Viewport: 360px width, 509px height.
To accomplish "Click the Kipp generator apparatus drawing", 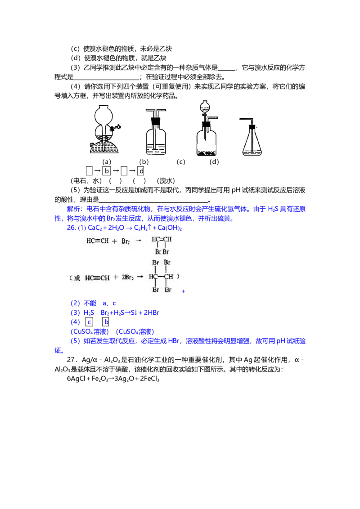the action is point(104,129).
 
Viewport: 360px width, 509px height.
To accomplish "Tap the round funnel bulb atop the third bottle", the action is point(205,107).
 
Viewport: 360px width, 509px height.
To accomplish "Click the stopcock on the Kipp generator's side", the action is point(116,128).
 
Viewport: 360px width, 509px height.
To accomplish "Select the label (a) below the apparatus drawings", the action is point(107,162).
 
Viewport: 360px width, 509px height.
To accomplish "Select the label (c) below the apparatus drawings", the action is point(180,162).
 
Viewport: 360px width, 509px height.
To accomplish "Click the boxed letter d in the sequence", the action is point(141,171).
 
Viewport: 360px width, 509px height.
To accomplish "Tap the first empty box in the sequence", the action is point(89,171).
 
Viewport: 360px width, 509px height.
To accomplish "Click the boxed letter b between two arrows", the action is point(107,171).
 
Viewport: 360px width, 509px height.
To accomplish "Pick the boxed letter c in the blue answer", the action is point(89,322).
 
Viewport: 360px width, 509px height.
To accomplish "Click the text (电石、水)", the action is point(86,181).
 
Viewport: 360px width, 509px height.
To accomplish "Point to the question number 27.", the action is point(72,360).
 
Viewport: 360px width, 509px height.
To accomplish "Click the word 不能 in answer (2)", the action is point(90,303).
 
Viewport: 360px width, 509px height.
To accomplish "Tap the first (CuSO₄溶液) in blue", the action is point(90,332).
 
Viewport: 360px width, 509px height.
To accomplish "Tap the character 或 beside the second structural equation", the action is point(76,278).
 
